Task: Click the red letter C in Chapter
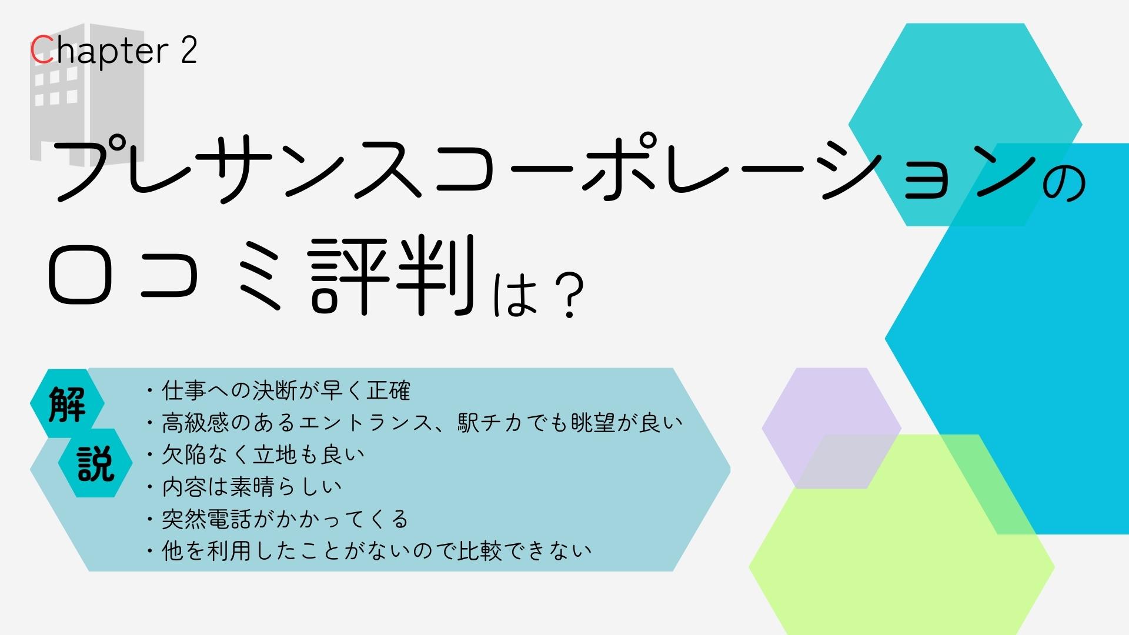[42, 50]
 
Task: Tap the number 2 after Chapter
[188, 50]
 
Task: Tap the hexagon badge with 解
[67, 404]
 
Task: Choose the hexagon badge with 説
[95, 463]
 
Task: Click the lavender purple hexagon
[831, 428]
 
